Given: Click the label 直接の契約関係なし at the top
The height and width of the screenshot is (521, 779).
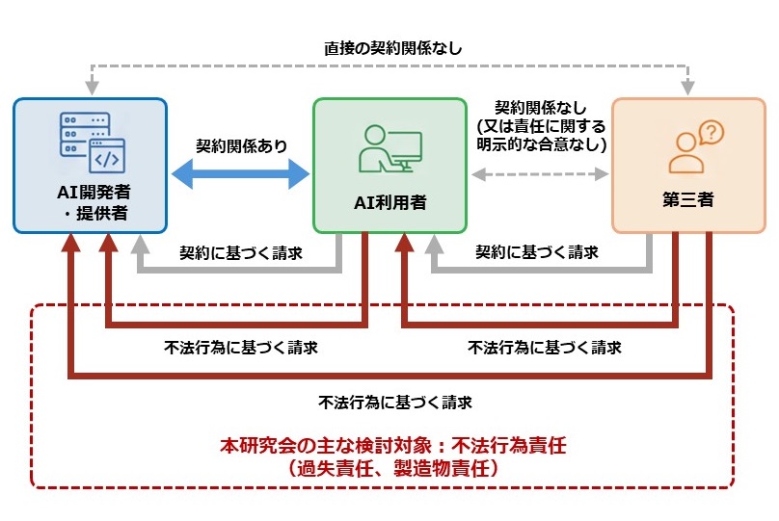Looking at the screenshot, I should pyautogui.click(x=387, y=46).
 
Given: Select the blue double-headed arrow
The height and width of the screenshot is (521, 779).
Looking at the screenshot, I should pyautogui.click(x=240, y=174).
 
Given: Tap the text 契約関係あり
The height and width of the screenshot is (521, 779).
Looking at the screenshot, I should pyautogui.click(x=241, y=146).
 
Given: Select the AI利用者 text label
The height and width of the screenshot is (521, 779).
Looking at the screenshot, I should pyautogui.click(x=389, y=203).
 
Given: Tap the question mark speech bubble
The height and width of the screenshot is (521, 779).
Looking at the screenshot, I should pyautogui.click(x=711, y=132).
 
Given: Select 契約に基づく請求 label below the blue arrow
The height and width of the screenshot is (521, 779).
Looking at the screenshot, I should pyautogui.click(x=241, y=253).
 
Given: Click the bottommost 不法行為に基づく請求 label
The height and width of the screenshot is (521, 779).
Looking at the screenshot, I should pyautogui.click(x=393, y=402).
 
